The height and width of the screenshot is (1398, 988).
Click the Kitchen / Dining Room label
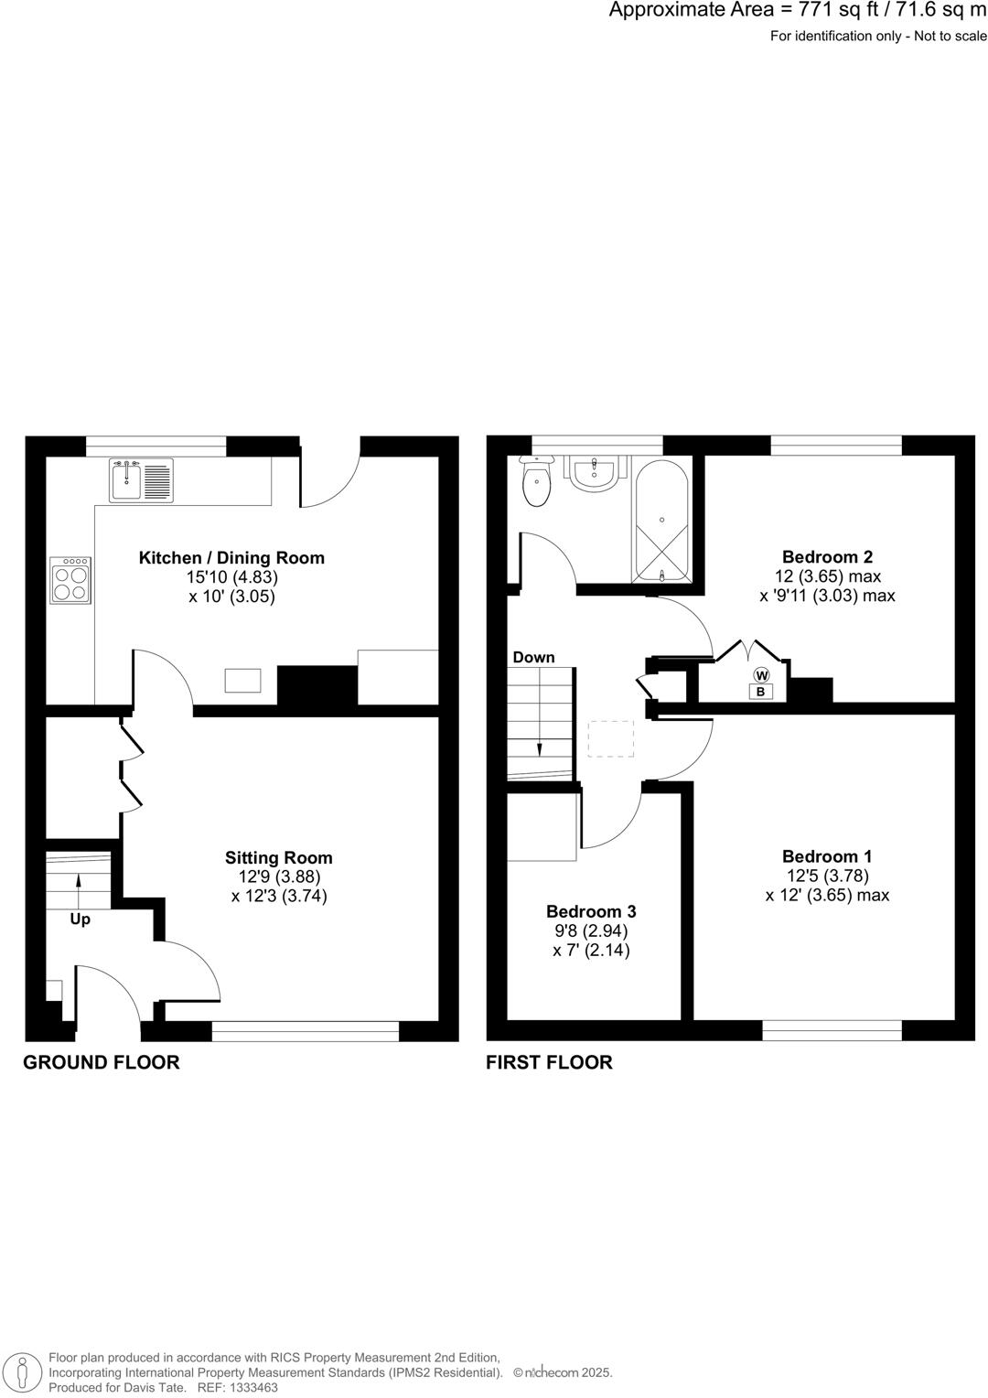tap(231, 557)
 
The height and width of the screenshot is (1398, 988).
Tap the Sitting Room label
tap(279, 857)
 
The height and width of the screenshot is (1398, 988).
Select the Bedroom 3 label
tap(591, 911)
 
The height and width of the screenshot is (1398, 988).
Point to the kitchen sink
tap(141, 480)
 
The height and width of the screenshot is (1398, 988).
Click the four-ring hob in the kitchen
tap(71, 581)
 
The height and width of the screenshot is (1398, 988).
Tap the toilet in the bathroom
tap(537, 483)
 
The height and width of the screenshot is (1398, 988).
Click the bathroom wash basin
tap(595, 473)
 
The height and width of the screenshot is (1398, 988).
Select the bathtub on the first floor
tap(661, 519)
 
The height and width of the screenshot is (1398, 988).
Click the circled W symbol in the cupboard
tap(761, 675)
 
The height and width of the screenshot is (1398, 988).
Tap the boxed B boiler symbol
tap(760, 693)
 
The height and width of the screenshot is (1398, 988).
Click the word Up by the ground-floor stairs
tap(81, 919)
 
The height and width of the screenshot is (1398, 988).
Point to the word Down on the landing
tap(533, 657)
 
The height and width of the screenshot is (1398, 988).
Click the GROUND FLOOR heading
tap(102, 1062)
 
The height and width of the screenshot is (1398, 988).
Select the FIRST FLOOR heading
tap(549, 1062)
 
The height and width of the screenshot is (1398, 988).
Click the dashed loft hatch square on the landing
tap(610, 738)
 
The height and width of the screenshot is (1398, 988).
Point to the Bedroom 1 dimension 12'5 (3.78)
tap(827, 876)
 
